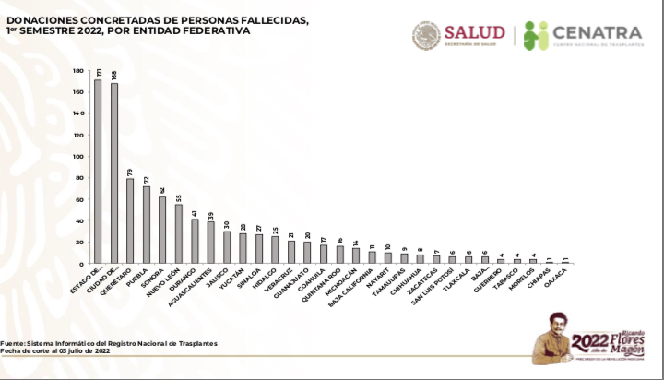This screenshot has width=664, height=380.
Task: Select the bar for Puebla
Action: (x=146, y=224)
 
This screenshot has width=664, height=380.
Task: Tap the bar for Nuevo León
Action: (x=178, y=233)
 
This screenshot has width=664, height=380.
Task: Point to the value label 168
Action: (x=113, y=75)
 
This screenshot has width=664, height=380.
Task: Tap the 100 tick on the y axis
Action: (x=79, y=156)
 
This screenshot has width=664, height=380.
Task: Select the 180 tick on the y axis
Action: (x=79, y=70)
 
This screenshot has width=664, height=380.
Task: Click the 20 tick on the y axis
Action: (x=81, y=242)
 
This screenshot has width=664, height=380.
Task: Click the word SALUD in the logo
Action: (x=474, y=32)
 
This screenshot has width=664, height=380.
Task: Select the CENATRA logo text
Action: (x=597, y=33)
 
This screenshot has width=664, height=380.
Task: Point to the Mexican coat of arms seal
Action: (x=426, y=35)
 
